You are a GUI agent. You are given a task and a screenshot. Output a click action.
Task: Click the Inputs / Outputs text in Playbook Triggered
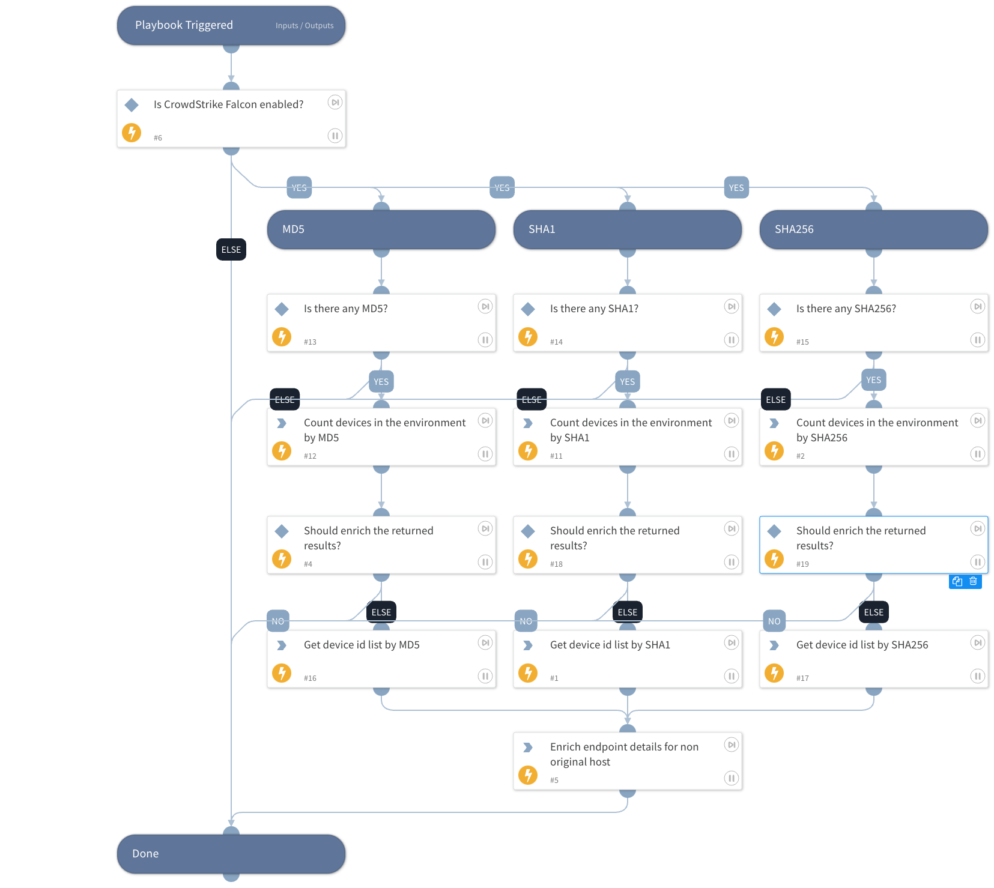[304, 26]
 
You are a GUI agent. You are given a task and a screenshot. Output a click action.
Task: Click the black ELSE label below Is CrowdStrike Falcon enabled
[231, 249]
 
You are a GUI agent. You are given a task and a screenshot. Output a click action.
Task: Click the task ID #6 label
[158, 138]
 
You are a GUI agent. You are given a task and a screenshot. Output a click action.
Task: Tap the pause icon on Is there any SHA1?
[731, 340]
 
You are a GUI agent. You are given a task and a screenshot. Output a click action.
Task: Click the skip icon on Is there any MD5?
[485, 307]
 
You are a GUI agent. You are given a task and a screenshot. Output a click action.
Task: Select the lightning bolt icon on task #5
[528, 775]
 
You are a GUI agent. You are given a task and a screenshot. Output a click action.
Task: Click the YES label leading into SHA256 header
[736, 188]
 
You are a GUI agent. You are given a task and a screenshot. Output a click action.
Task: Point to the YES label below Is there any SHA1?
[627, 381]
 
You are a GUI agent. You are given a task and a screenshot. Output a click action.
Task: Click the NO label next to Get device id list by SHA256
[774, 621]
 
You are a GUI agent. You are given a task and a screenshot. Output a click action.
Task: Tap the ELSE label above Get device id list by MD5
[381, 612]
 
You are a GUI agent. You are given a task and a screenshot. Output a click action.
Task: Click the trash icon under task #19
[973, 581]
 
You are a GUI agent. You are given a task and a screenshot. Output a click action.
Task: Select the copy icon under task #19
[957, 581]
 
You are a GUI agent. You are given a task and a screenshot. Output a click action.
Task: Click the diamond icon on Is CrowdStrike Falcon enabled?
[132, 105]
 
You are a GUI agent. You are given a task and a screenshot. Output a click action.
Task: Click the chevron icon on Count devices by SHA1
[528, 423]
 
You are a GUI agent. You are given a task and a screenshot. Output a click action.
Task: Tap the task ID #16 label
[310, 678]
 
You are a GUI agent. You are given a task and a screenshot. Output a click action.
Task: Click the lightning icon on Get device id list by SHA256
[774, 673]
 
